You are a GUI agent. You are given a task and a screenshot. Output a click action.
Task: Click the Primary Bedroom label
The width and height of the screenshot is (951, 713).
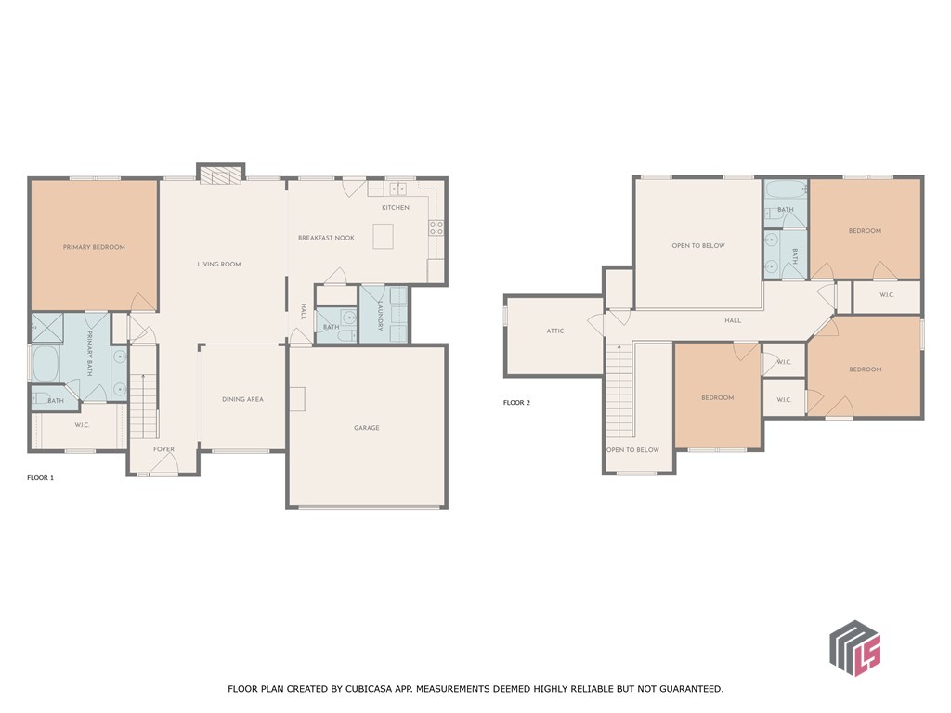[94, 247]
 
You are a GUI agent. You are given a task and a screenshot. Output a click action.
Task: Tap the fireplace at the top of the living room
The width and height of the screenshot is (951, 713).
[221, 175]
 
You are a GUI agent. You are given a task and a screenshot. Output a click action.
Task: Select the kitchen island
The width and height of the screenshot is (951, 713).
[384, 238]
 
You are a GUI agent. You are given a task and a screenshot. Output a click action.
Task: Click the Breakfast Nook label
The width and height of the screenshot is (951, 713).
[326, 239]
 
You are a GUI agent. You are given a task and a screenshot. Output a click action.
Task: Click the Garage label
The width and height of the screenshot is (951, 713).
[367, 428]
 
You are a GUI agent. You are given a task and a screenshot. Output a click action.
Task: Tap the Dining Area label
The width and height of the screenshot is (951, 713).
[242, 399]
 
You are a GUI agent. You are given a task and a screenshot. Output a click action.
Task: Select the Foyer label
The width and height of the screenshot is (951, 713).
[163, 449]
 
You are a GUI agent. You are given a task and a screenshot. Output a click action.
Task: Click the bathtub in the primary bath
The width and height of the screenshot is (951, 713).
[45, 365]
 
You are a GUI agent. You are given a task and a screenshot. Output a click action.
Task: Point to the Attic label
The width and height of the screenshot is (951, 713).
[554, 331]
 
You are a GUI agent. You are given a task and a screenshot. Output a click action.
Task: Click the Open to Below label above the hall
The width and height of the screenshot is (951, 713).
[698, 246]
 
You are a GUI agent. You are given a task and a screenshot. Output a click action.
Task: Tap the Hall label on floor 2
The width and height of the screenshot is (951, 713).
[733, 320]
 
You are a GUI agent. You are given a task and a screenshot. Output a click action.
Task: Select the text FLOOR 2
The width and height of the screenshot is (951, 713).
[516, 403]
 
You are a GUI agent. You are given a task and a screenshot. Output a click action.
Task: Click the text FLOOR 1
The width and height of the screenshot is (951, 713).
[41, 477]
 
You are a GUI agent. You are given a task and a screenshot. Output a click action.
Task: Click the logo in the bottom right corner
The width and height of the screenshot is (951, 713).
[854, 647]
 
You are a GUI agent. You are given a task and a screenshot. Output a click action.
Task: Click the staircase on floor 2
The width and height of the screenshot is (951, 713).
[619, 390]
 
